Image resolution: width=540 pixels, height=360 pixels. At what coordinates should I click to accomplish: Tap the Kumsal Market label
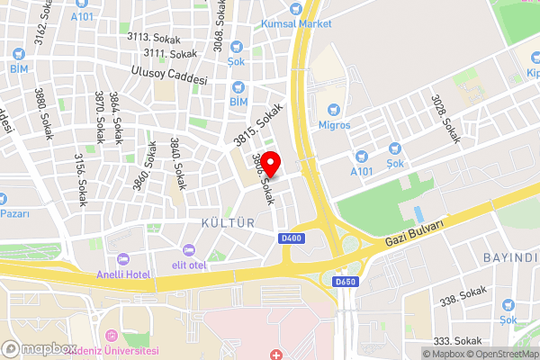tap(296, 23)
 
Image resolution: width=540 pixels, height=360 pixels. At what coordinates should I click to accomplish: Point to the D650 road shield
tap(346, 282)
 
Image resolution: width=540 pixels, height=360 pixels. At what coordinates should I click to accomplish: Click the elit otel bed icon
tap(189, 249)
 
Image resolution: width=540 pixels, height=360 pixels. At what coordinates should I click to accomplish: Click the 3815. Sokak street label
tap(258, 124)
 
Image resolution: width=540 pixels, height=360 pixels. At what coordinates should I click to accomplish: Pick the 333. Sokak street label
tap(454, 341)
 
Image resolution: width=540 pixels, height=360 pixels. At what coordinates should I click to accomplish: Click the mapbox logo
tap(40, 348)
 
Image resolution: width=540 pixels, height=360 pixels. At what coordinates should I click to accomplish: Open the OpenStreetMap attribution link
tap(502, 354)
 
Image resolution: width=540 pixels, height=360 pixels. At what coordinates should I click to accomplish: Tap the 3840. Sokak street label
tap(178, 163)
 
